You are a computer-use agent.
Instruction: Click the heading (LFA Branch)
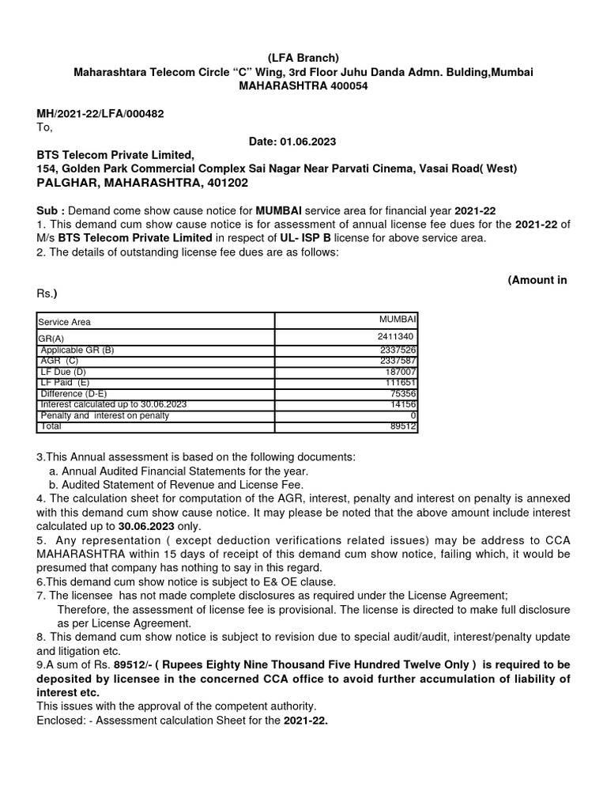[x=303, y=58]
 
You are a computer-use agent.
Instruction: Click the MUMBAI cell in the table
[x=398, y=318]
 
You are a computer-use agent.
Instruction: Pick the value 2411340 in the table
[x=397, y=337]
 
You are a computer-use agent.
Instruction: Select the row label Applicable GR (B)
[x=77, y=350]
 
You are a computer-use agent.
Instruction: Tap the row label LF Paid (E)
[x=65, y=382]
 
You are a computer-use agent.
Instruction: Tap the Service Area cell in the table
[x=65, y=322]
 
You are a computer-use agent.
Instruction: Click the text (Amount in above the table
[x=537, y=280]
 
